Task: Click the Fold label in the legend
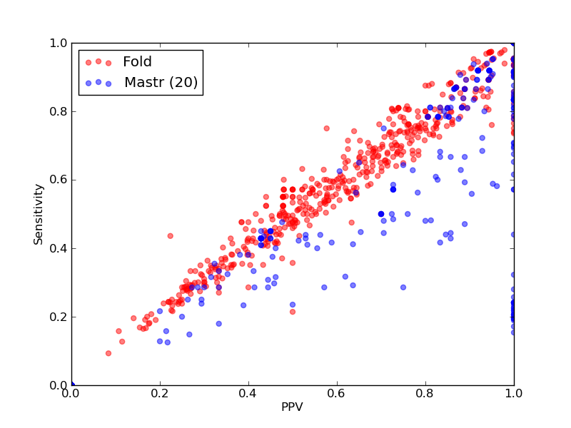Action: pos(137,61)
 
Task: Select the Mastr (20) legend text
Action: pos(161,82)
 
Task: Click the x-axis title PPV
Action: pos(292,407)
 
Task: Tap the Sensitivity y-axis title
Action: pos(39,215)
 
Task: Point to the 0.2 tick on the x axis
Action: pos(160,394)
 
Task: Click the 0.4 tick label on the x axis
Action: pos(248,394)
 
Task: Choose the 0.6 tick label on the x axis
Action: pos(337,394)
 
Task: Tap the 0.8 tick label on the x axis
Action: pos(425,394)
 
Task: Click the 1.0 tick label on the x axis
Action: pos(514,394)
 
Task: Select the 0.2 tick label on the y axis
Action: pos(59,317)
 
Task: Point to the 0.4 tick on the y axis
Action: pos(59,248)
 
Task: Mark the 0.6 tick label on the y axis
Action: pos(59,180)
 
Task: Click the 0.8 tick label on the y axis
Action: pos(59,111)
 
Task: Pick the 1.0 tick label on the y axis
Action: pos(59,43)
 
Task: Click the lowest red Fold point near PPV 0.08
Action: pos(108,353)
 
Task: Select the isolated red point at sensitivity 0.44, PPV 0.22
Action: pos(170,236)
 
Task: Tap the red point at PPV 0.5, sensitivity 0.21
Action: pos(293,312)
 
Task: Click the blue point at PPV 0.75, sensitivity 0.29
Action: pos(403,287)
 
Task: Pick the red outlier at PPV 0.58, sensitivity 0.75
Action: pos(327,128)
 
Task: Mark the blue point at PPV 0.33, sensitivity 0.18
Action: pos(219,324)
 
